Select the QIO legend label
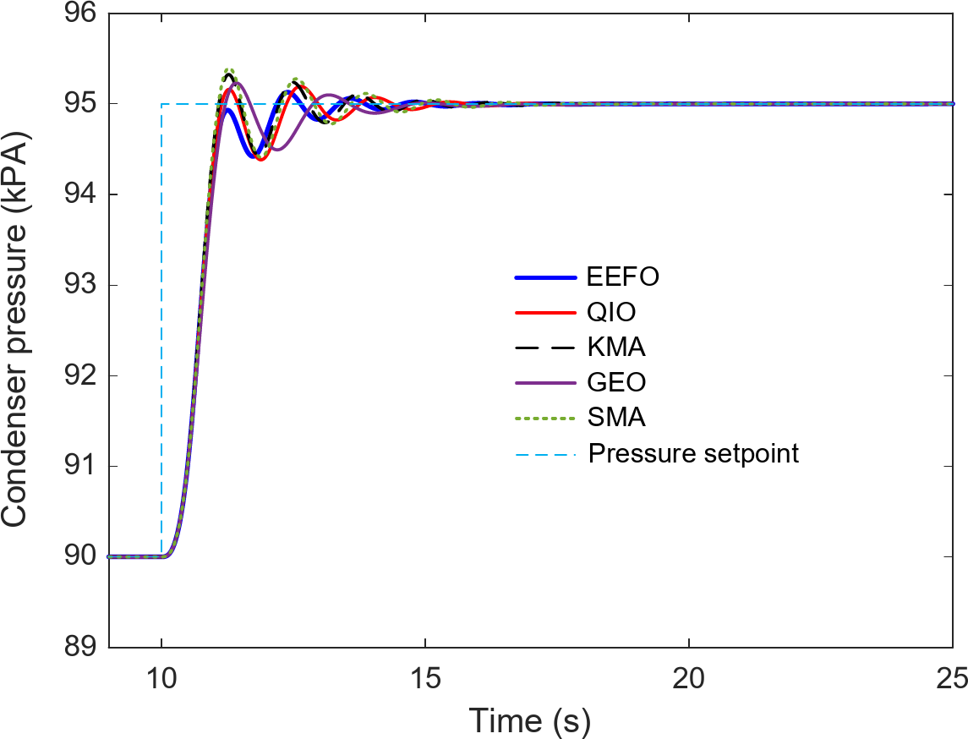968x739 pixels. [611, 313]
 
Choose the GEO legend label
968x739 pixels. [617, 383]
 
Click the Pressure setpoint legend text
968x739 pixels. [693, 453]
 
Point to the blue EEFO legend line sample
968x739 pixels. [546, 277]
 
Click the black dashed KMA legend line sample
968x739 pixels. [546, 348]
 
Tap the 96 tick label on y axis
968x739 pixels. [79, 14]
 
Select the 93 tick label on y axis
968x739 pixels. [79, 286]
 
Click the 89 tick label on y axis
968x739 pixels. [79, 648]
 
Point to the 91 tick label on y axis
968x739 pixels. [79, 467]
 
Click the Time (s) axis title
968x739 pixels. [530, 720]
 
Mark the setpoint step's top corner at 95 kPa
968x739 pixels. [161, 104]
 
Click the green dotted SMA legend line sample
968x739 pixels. [546, 418]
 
